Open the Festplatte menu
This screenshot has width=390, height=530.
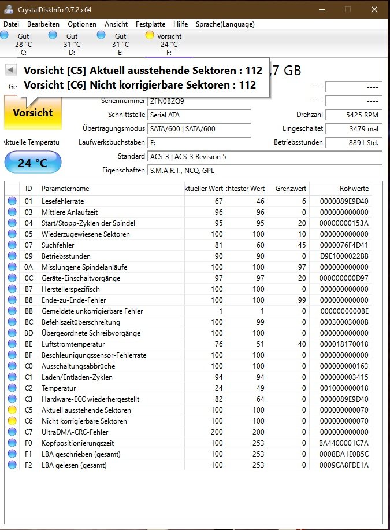150,24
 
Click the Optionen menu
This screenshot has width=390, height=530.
81,24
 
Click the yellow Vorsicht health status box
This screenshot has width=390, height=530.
33,113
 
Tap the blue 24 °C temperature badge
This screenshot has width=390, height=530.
32,163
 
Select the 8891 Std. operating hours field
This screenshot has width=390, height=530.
353,142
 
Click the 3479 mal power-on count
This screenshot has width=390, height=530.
353,128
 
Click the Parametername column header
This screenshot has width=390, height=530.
65,189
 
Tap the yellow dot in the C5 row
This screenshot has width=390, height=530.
12,410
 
